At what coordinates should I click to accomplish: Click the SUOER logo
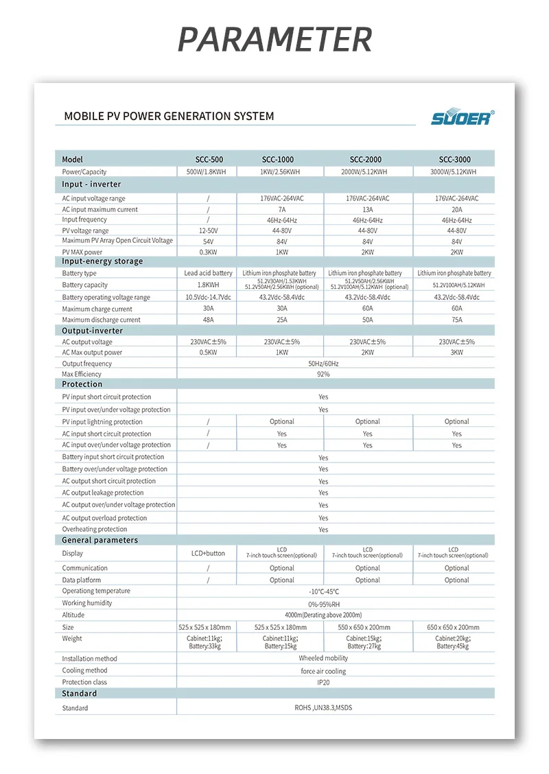(461, 117)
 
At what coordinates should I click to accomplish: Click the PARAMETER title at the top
(274, 39)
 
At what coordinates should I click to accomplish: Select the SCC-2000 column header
(367, 159)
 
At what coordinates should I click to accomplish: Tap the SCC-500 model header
(208, 159)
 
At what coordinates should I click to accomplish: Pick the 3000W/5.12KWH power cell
(453, 172)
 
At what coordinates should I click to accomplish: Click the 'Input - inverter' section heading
(91, 185)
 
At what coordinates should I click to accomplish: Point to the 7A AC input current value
(281, 209)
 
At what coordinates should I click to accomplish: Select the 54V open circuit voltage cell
(208, 242)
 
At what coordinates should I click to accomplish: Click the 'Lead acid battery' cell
(208, 273)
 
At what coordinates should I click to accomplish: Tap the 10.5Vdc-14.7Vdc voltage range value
(208, 297)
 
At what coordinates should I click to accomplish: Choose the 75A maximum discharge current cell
(456, 320)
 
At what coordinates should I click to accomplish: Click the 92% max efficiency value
(323, 374)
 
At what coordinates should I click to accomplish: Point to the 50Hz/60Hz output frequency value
(323, 364)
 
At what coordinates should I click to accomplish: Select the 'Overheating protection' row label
(95, 529)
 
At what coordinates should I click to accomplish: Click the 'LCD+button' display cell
(208, 553)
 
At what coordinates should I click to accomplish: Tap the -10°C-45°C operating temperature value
(323, 591)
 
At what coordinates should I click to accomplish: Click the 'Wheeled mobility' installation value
(323, 659)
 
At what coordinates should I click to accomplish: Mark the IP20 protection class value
(323, 683)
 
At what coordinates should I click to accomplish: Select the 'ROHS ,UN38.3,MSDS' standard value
(323, 708)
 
